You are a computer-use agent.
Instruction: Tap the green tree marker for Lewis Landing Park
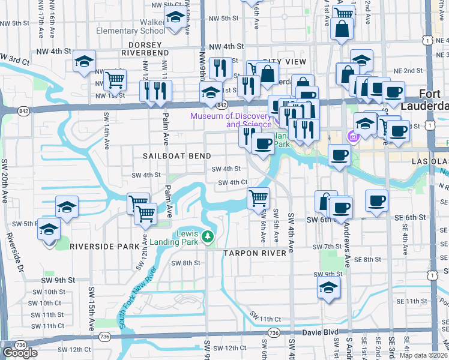(208, 236)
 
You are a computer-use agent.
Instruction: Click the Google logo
(20, 353)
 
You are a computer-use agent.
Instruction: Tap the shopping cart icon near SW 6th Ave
(258, 197)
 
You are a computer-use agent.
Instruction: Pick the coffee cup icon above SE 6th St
(377, 201)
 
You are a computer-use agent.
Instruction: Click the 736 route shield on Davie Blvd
(274, 332)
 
